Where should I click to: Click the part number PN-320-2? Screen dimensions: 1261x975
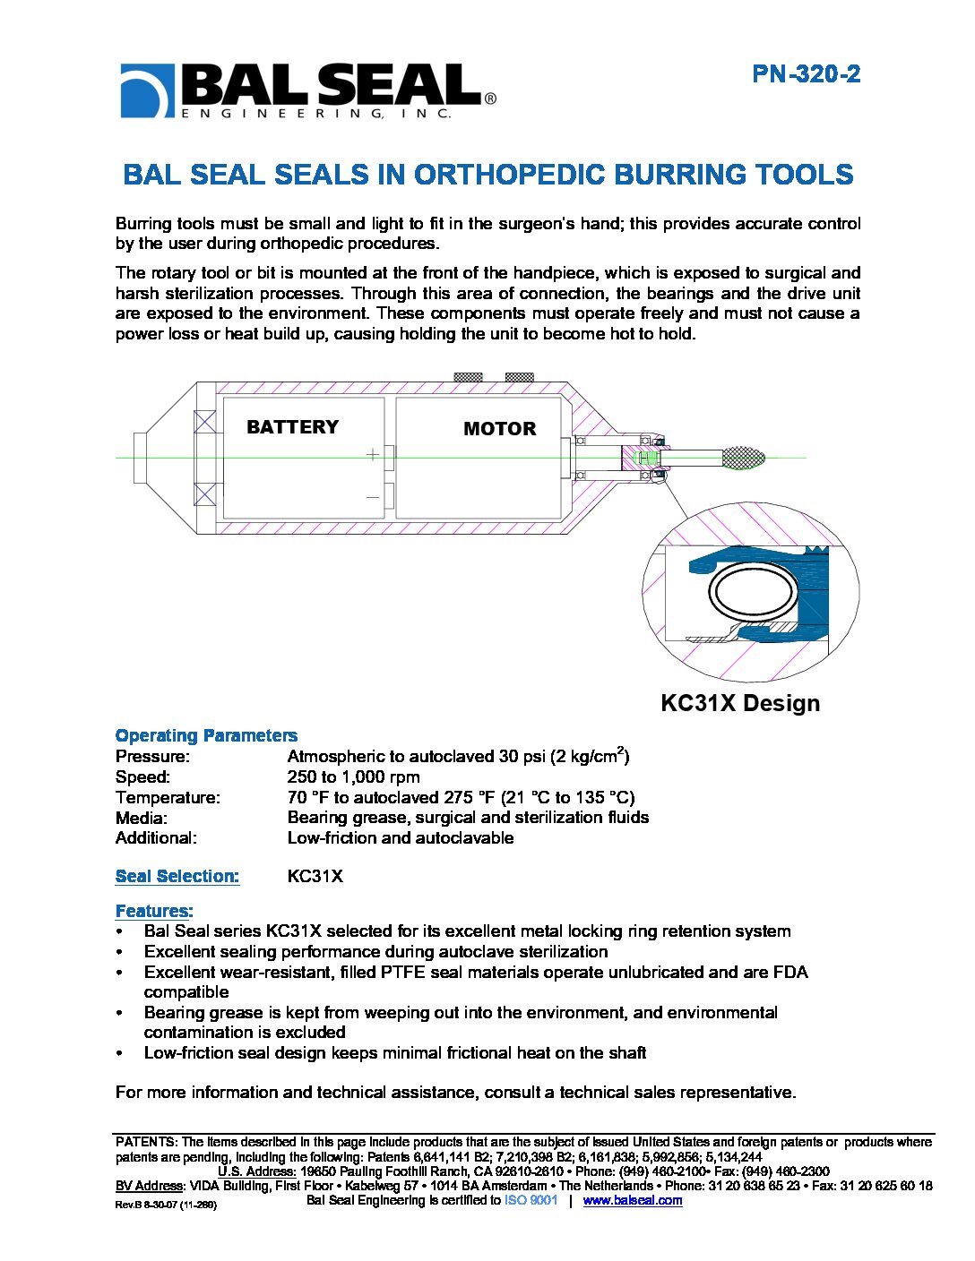(806, 74)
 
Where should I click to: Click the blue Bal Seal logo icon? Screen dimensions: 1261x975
(146, 90)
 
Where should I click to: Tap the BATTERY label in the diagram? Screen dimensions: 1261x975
(292, 427)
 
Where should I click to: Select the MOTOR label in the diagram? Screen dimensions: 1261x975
(499, 429)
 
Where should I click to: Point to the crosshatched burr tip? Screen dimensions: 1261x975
(743, 458)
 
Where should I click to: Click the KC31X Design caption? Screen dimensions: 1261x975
(739, 703)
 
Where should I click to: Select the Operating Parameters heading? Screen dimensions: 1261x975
(206, 735)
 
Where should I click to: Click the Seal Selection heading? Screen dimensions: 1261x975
(177, 876)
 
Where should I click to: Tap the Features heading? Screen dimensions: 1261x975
(154, 911)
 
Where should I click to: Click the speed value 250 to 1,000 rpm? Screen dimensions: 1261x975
(353, 776)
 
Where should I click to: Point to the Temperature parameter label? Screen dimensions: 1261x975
(168, 797)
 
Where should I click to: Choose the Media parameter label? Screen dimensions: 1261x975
(141, 818)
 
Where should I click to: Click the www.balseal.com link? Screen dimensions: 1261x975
(632, 1200)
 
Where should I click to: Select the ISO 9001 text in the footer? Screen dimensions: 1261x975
(531, 1200)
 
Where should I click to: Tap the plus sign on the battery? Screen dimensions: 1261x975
(373, 455)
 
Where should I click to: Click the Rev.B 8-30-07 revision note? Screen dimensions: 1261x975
(166, 1205)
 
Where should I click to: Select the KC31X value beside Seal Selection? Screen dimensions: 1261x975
(315, 876)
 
